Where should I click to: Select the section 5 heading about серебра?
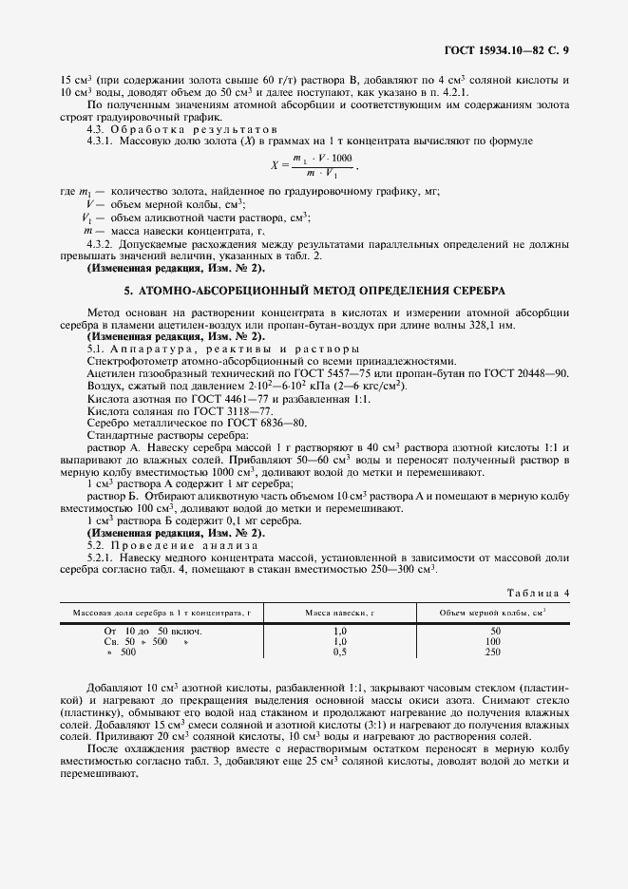(x=314, y=289)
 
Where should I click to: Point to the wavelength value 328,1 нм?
(x=494, y=325)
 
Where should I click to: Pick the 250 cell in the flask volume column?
(x=494, y=653)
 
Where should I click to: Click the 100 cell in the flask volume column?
(x=494, y=641)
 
